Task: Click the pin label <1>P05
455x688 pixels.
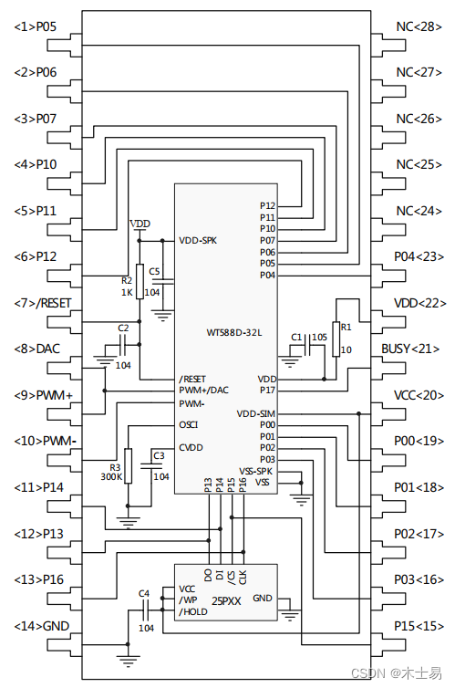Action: (36, 26)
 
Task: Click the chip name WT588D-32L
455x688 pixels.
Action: (234, 333)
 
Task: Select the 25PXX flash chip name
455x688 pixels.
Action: (226, 602)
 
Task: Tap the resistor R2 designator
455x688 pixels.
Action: (127, 281)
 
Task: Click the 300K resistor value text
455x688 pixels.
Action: (112, 477)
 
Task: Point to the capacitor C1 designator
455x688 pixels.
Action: (296, 337)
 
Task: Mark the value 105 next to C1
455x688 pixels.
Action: (318, 337)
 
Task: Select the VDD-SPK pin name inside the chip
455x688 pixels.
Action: (198, 241)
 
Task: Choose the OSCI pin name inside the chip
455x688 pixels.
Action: (189, 424)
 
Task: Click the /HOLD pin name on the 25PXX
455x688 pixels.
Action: (193, 612)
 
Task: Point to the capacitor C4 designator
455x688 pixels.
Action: (143, 593)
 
